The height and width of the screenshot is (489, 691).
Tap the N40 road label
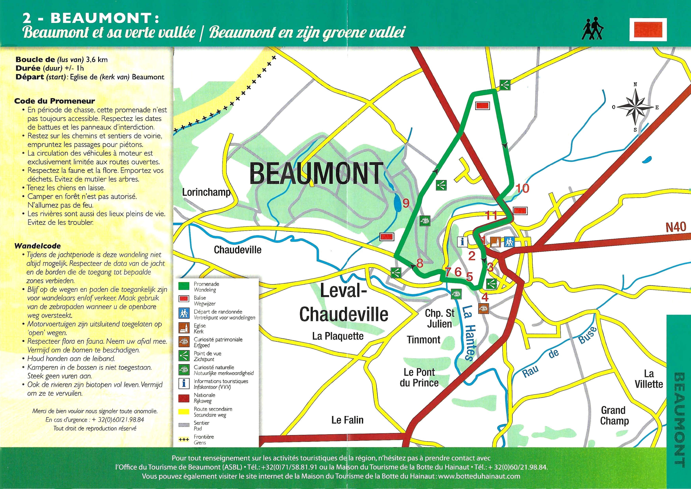(675, 227)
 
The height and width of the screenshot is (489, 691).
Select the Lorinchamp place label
(206, 192)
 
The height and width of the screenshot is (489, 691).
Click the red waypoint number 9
(406, 203)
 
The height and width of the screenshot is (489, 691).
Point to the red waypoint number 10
(522, 189)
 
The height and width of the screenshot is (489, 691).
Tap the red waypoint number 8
(420, 263)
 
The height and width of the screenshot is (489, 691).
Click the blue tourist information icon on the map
(462, 242)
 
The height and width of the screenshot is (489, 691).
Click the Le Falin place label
(347, 420)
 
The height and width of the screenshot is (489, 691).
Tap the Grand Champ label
(614, 415)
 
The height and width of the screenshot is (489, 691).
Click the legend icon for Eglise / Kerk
(184, 328)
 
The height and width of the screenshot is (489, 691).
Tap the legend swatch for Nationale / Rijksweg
(184, 398)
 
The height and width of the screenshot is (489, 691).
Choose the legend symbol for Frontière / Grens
(184, 440)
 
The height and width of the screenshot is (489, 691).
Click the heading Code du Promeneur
(54, 101)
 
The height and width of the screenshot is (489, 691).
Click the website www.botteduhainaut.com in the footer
(479, 476)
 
